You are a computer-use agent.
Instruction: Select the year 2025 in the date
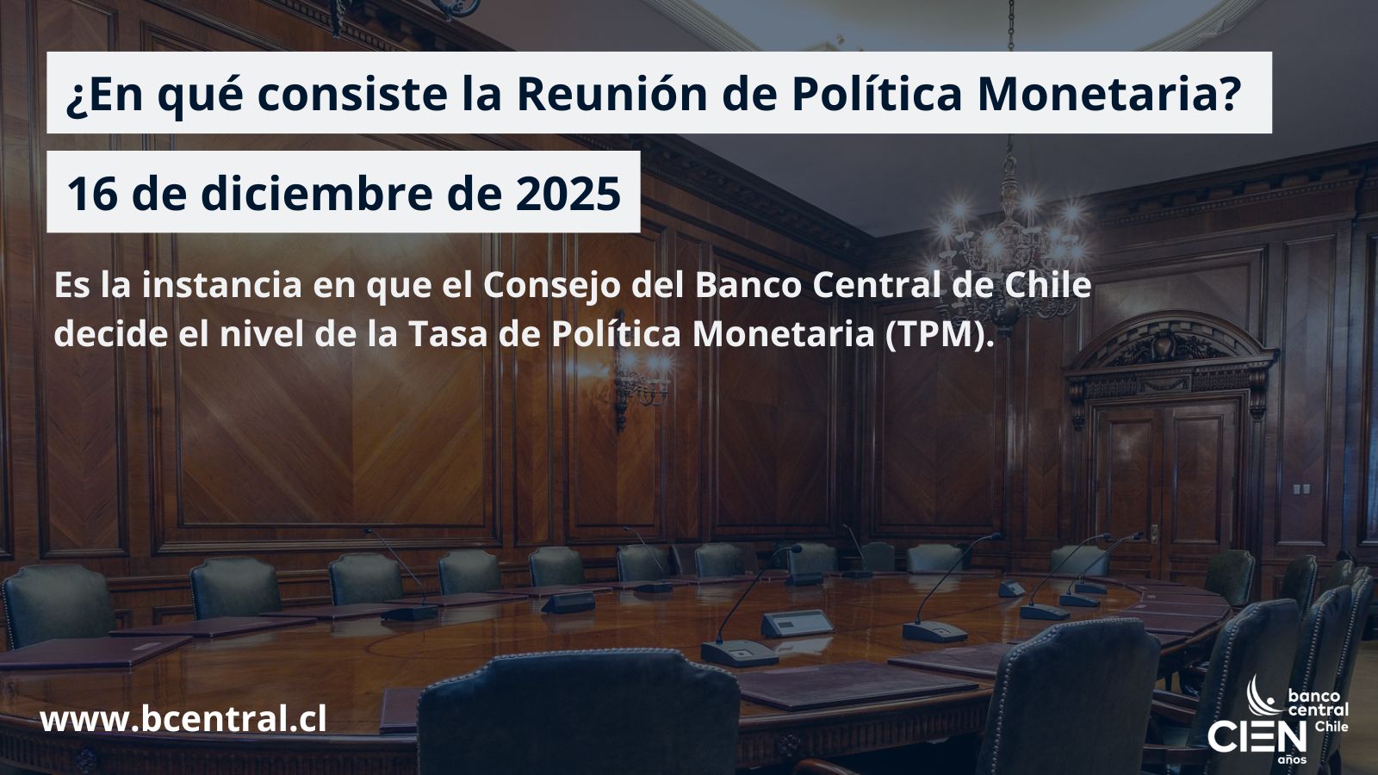point(568,194)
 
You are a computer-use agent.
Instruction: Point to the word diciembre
point(317,194)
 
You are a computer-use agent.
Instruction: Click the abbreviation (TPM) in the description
point(940,334)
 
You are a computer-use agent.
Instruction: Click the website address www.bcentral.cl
point(183,719)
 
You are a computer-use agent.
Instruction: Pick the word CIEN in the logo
point(1257,737)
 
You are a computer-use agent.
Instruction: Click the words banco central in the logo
point(1318,703)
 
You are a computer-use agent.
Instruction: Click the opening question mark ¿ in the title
point(74,97)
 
